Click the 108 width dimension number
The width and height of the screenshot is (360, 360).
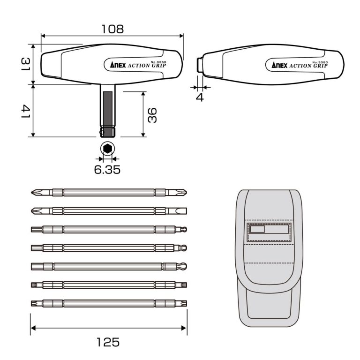click(x=112, y=29)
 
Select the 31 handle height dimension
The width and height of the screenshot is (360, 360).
click(x=25, y=64)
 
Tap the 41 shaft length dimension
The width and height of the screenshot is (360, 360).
click(x=25, y=112)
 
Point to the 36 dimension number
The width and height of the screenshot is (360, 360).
click(x=152, y=115)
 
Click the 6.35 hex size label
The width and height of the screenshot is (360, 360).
click(x=107, y=169)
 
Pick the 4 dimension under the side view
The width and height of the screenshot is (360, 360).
click(x=200, y=97)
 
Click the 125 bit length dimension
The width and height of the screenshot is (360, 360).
click(x=108, y=342)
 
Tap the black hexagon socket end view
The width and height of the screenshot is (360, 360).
click(x=107, y=149)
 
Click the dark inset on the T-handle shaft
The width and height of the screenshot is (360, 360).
click(x=108, y=108)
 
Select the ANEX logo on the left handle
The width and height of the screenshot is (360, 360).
click(x=118, y=65)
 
